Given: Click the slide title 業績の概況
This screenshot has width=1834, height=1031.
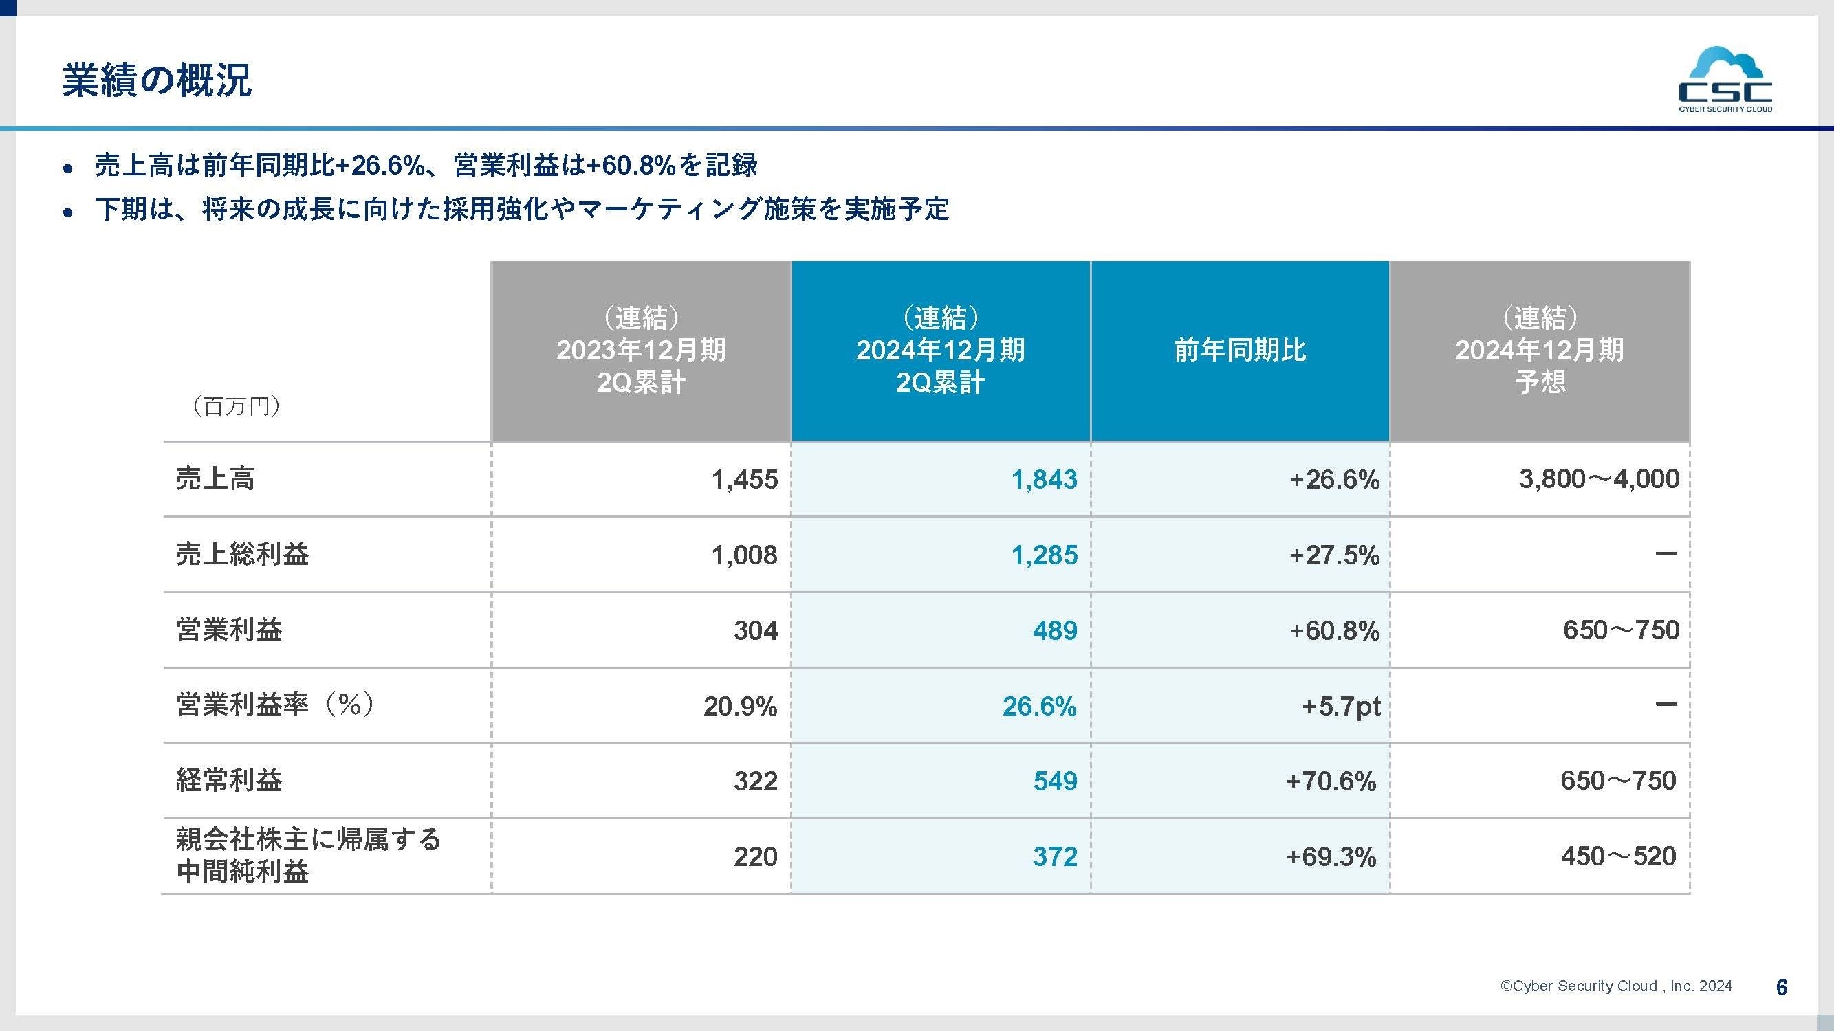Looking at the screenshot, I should click(x=157, y=80).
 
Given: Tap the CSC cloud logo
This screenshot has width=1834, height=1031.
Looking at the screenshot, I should click(x=1725, y=80).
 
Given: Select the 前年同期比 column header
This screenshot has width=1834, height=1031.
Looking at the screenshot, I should click(x=1240, y=350).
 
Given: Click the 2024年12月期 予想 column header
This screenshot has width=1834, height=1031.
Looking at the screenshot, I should click(x=1539, y=350).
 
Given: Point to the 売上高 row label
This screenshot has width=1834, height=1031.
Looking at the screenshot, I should click(x=215, y=479).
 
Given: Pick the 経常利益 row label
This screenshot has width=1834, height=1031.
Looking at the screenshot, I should click(x=228, y=781).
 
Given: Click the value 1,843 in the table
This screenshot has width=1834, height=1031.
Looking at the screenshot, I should click(x=1044, y=480).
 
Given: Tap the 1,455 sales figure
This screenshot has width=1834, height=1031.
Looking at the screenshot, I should click(x=744, y=480).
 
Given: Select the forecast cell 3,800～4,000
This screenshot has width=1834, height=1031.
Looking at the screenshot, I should click(x=1598, y=479).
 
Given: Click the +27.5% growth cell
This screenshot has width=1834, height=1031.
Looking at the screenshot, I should click(x=1333, y=555).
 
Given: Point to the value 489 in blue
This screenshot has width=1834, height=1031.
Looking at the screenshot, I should click(x=1054, y=630).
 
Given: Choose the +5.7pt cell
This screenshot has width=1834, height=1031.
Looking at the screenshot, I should click(x=1341, y=706).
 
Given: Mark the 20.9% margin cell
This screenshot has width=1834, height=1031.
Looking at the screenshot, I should click(x=740, y=706).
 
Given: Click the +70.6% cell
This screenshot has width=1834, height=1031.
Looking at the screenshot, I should click(x=1330, y=781).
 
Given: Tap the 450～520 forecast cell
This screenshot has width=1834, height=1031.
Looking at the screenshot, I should click(x=1617, y=856).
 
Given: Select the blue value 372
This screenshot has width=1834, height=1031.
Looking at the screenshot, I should click(x=1054, y=856).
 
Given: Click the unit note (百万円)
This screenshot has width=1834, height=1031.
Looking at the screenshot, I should click(x=237, y=406).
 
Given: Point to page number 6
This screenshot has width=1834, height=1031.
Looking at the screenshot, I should click(x=1781, y=987).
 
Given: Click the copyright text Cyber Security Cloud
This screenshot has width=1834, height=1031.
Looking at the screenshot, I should click(x=1616, y=986).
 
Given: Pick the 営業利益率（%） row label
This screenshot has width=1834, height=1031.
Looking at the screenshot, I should click(x=275, y=705).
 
